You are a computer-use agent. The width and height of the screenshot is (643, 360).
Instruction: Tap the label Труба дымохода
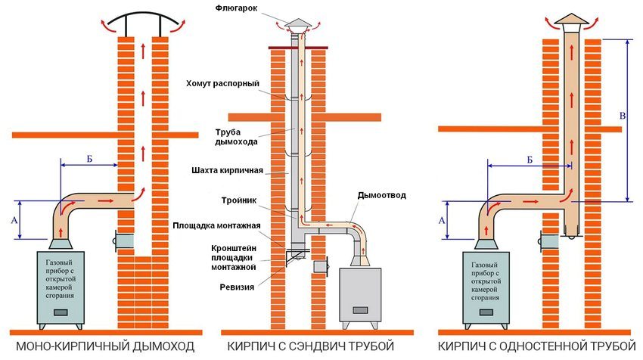point(240,136)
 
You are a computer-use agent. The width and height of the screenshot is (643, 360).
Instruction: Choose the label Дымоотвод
point(381,195)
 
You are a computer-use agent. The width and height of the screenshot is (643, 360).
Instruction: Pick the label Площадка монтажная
point(217,225)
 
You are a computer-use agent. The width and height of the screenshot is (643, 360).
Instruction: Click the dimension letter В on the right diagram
point(621,116)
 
